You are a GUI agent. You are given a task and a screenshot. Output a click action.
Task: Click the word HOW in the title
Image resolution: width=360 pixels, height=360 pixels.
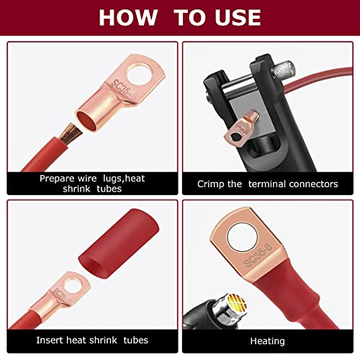click(128, 17)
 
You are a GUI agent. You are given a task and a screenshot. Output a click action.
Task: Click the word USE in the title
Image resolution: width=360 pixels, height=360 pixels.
click(237, 17)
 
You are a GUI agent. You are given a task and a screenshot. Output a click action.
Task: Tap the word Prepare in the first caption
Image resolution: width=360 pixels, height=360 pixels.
click(57, 179)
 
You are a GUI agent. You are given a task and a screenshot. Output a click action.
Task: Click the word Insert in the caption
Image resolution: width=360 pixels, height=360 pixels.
click(50, 340)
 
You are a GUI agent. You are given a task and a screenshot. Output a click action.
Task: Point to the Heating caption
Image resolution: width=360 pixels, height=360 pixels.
click(267, 341)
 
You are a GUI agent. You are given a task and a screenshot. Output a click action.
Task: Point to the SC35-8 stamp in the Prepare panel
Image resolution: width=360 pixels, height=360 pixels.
click(124, 90)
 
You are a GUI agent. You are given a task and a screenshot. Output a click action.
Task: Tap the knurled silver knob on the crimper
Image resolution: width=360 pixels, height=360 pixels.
click(283, 68)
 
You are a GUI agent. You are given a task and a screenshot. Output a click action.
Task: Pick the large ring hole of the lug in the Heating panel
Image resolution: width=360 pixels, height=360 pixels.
click(243, 237)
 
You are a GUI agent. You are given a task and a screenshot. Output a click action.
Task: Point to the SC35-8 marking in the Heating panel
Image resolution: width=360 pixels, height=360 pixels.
click(258, 255)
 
